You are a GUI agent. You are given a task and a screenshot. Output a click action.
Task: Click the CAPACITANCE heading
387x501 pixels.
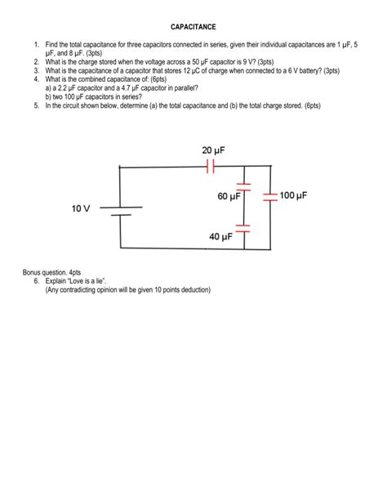tap(193, 27)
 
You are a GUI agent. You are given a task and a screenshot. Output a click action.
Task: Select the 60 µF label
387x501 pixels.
tap(229, 197)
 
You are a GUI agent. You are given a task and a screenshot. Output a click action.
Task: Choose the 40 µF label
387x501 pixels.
tap(221, 236)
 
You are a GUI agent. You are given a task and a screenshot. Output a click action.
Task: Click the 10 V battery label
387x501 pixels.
tap(81, 209)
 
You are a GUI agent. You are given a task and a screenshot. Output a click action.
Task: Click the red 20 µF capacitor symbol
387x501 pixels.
tap(211, 167)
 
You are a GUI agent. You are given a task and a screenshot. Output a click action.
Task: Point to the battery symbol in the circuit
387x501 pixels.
tap(121, 211)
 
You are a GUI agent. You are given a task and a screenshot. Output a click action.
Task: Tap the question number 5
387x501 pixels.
tap(37, 105)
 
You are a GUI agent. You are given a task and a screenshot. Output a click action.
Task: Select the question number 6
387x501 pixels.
tap(37, 280)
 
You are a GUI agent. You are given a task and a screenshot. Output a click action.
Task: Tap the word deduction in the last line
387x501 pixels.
tap(193, 289)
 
